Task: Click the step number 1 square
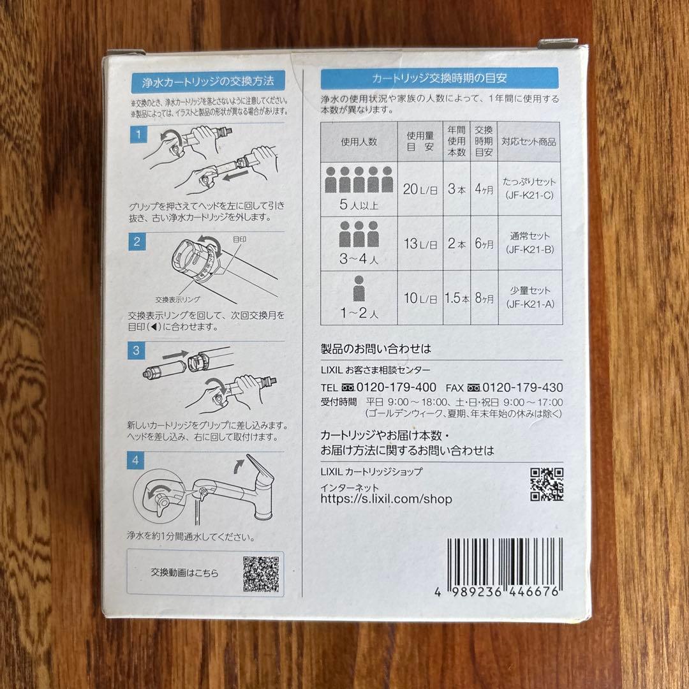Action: pyautogui.click(x=137, y=135)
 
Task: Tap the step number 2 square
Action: pyautogui.click(x=137, y=242)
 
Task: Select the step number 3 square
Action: pyautogui.click(x=137, y=350)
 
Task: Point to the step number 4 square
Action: pyautogui.click(x=137, y=459)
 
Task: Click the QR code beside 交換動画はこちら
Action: pyautogui.click(x=261, y=573)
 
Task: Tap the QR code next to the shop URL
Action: pyautogui.click(x=547, y=485)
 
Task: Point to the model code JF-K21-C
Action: pyautogui.click(x=530, y=195)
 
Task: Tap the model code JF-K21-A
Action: pyautogui.click(x=530, y=304)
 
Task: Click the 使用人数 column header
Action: pyautogui.click(x=359, y=142)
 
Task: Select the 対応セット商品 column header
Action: pyautogui.click(x=529, y=142)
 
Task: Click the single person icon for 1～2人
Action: pyautogui.click(x=359, y=290)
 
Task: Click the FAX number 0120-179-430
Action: pyautogui.click(x=522, y=387)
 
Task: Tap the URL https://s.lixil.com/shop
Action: pyautogui.click(x=386, y=500)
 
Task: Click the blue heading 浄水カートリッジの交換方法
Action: pyautogui.click(x=207, y=81)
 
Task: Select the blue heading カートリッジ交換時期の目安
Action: pyautogui.click(x=440, y=79)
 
